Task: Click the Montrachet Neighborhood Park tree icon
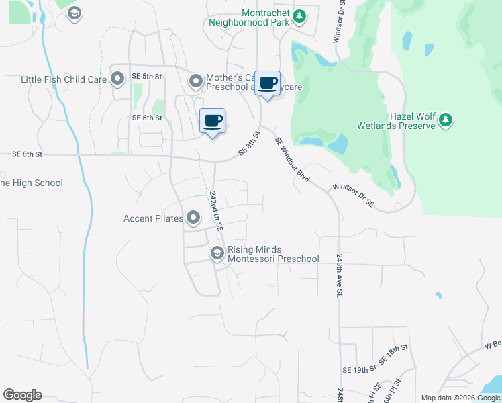point(300,15)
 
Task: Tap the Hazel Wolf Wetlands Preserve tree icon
point(445,121)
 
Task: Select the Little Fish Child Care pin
point(117,79)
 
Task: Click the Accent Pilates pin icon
point(193,218)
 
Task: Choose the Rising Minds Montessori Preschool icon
point(217,253)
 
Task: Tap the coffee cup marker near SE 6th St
point(213,121)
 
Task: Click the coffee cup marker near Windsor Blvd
point(267,83)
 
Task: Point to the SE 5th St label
point(147,77)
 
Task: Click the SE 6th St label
point(147,118)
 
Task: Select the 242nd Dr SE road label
point(216,210)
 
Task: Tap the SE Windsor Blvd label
point(292,160)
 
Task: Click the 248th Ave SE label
point(340,276)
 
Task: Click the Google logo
point(23,395)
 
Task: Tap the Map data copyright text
point(460,398)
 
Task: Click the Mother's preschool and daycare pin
point(196,82)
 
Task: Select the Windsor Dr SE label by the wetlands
point(352,195)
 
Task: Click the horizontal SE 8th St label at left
point(27,154)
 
